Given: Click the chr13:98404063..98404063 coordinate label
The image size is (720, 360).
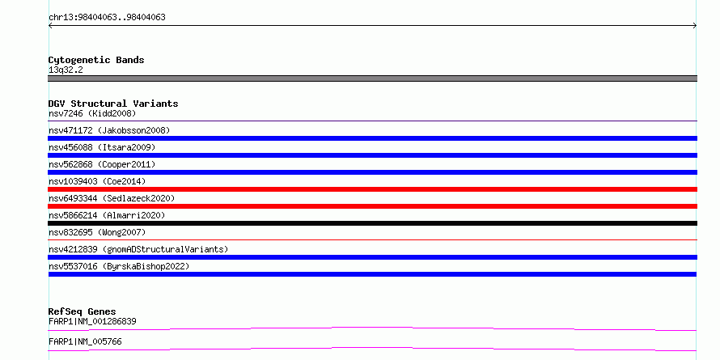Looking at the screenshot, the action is coord(107,18).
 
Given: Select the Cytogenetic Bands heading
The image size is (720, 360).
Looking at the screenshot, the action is coord(96,60).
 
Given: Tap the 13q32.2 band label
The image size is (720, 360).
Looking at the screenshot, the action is coord(66,70).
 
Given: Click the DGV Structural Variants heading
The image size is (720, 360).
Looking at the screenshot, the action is coord(113,104).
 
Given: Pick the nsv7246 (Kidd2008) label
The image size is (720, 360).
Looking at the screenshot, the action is coord(92,113).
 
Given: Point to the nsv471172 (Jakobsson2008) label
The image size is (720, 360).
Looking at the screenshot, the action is coord(109,130).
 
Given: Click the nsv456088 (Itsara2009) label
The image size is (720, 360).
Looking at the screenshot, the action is coord(102,147).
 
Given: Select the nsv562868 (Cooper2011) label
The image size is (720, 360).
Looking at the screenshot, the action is coord(102,164).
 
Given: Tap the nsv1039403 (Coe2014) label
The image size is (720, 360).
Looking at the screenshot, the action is coord(97,181).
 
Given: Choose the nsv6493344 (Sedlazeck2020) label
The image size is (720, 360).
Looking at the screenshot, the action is coord(112,198).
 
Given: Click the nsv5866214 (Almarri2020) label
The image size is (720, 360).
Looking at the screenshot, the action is coord(107,215).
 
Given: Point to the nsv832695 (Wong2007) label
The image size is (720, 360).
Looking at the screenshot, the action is coord(97,232).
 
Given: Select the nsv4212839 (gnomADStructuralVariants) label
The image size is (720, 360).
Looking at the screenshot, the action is coord(138,249).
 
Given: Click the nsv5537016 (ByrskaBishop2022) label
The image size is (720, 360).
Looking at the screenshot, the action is coord(119,266).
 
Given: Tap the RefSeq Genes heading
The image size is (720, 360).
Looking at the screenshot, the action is coord(83,311).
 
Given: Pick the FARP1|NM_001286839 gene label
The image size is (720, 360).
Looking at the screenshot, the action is coord(92,321).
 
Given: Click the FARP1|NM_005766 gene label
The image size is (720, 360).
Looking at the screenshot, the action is coord(85,341).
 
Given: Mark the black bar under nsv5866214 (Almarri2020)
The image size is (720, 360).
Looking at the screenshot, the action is coord(372,223).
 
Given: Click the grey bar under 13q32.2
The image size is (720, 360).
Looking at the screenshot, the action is coord(372,78).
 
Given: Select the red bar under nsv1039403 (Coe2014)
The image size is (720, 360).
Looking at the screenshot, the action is coord(372,189).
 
